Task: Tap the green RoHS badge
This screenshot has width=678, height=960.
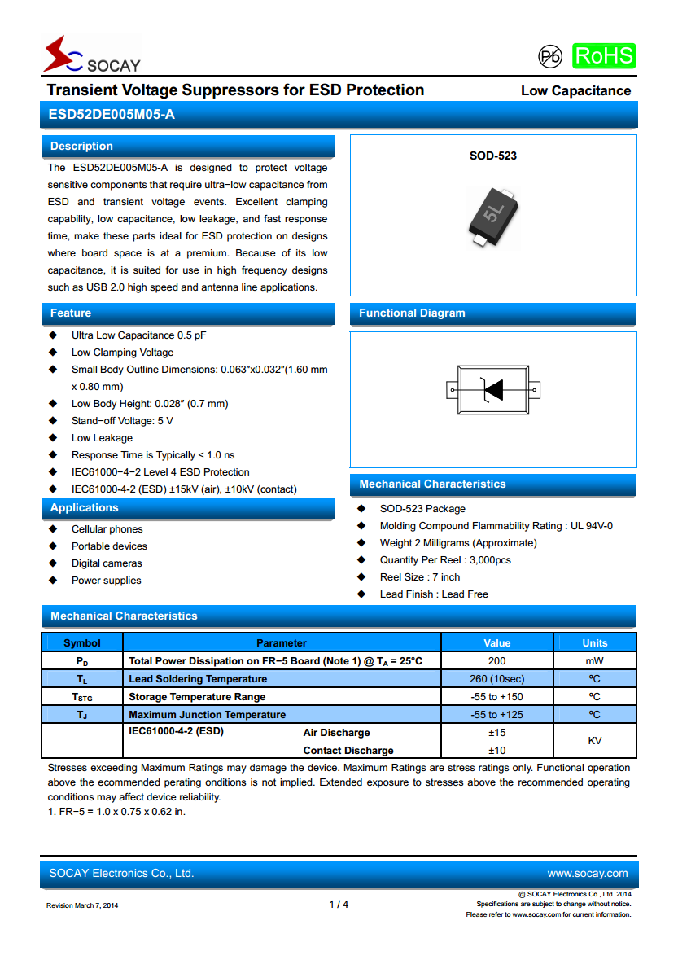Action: coord(603,55)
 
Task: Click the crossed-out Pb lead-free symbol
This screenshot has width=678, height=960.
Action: coord(550,56)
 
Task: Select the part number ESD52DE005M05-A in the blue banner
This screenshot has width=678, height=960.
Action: coord(111,115)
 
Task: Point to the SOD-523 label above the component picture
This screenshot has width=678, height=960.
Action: coord(492,156)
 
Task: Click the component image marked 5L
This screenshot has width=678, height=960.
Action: coord(493,216)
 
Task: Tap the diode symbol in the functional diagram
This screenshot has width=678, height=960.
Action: coord(492,390)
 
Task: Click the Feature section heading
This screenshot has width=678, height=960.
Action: coord(71,313)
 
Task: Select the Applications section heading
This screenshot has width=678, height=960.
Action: coord(85,508)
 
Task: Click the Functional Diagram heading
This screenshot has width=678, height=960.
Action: coord(412,313)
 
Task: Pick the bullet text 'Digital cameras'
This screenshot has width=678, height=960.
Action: coord(107,563)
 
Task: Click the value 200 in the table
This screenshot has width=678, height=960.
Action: coord(496,661)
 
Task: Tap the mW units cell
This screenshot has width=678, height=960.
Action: coord(594,661)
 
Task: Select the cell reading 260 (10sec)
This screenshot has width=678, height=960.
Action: coord(496,679)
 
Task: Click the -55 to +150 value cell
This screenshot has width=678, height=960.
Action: coord(496,697)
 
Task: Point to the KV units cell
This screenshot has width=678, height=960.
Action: coord(594,741)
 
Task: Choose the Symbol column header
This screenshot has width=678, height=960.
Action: coord(82,643)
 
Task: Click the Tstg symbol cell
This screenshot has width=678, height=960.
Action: coord(82,697)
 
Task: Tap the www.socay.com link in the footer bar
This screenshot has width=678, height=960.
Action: coord(587,874)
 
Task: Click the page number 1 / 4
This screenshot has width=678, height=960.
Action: coord(339,905)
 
